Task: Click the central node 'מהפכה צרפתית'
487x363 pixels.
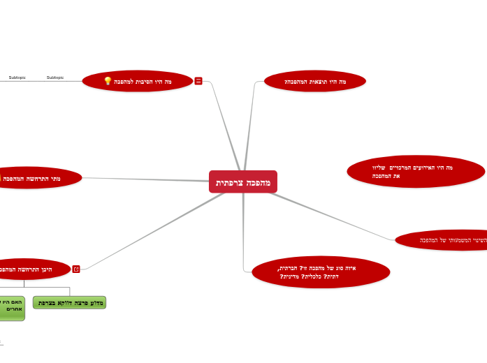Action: tap(242, 182)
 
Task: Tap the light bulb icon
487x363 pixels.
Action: tap(108, 81)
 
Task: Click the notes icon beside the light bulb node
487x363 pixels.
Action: tap(198, 81)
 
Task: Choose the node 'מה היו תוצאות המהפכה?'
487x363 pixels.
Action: tap(315, 82)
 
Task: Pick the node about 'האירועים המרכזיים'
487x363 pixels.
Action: tap(415, 172)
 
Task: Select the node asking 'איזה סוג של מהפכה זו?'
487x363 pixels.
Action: tap(320, 272)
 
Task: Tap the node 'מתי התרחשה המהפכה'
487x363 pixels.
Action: tap(38, 179)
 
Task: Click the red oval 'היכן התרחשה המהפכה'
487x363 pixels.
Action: tap(31, 269)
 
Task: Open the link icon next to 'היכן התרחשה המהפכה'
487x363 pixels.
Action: tap(76, 269)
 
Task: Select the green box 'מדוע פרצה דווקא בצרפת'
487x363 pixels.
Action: tap(70, 303)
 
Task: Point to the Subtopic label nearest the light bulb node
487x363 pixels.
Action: tap(55, 77)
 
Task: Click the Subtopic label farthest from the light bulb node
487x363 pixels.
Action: tap(17, 77)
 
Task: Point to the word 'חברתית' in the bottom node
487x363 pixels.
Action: tap(289, 268)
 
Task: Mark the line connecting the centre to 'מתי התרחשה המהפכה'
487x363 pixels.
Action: tap(147, 179)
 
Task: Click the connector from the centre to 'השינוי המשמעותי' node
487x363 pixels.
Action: tap(328, 214)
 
